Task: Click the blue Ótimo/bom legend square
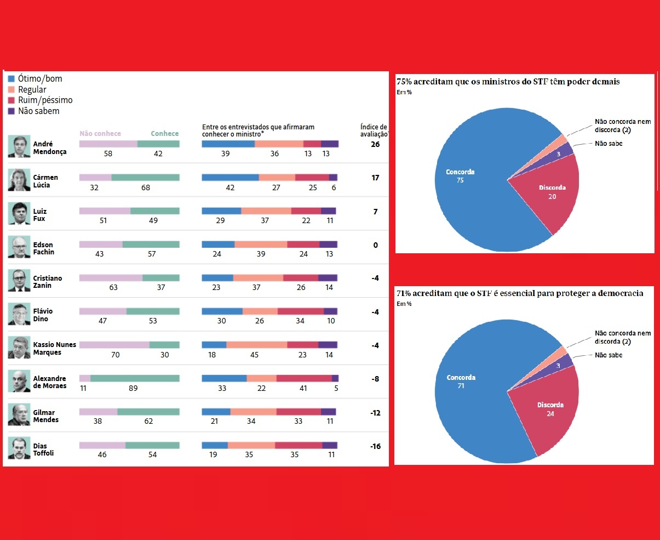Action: pyautogui.click(x=12, y=79)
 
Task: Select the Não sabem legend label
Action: pyautogui.click(x=38, y=111)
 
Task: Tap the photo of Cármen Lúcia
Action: pyautogui.click(x=19, y=180)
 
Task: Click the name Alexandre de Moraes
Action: pyautogui.click(x=49, y=382)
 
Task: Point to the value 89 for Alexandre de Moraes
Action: pyautogui.click(x=133, y=388)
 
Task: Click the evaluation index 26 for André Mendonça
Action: pyautogui.click(x=375, y=145)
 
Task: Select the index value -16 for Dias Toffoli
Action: pyautogui.click(x=375, y=446)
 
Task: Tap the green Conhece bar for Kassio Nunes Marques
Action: pyautogui.click(x=164, y=345)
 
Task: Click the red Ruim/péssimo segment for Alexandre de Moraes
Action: pyautogui.click(x=304, y=378)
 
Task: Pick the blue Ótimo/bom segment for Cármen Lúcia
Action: pyautogui.click(x=230, y=178)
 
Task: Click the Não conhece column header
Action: pyautogui.click(x=100, y=133)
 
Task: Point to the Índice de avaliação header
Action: pyautogui.click(x=374, y=130)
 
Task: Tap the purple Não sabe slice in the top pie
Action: pyautogui.click(x=566, y=149)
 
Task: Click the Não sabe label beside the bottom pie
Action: pyautogui.click(x=609, y=355)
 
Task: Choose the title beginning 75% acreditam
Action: pyautogui.click(x=508, y=82)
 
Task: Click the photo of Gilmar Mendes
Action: pyautogui.click(x=19, y=415)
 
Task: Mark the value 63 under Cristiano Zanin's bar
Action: pyautogui.click(x=113, y=287)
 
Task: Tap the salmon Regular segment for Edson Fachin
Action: pyautogui.click(x=261, y=245)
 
